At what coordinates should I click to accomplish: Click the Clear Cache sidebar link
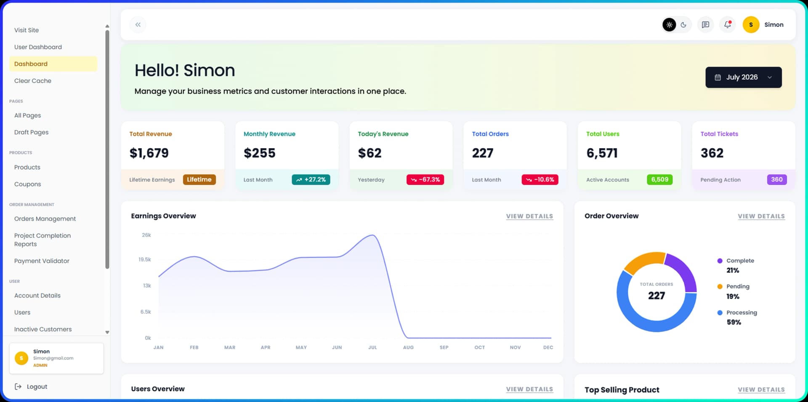coord(33,81)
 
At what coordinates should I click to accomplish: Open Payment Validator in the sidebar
coord(42,261)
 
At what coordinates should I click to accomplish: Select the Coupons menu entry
coord(27,184)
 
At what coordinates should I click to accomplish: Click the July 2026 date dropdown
coord(743,77)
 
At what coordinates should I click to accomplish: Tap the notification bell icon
coord(727,24)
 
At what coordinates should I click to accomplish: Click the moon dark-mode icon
coord(683,25)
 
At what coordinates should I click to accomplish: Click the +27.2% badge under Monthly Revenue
coord(311,180)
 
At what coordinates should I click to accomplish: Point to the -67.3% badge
coord(425,180)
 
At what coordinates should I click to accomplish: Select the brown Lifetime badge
coord(199,180)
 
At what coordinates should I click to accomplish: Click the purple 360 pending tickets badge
coord(777,180)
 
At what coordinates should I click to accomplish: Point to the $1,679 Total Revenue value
coord(149,153)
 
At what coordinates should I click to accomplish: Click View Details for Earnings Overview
coord(529,216)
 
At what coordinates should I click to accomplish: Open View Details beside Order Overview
coord(761,216)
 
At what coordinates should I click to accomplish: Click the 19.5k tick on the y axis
coord(145,260)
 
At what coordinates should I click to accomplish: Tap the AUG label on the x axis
coord(408,348)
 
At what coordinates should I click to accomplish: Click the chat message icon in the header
coord(705,24)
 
